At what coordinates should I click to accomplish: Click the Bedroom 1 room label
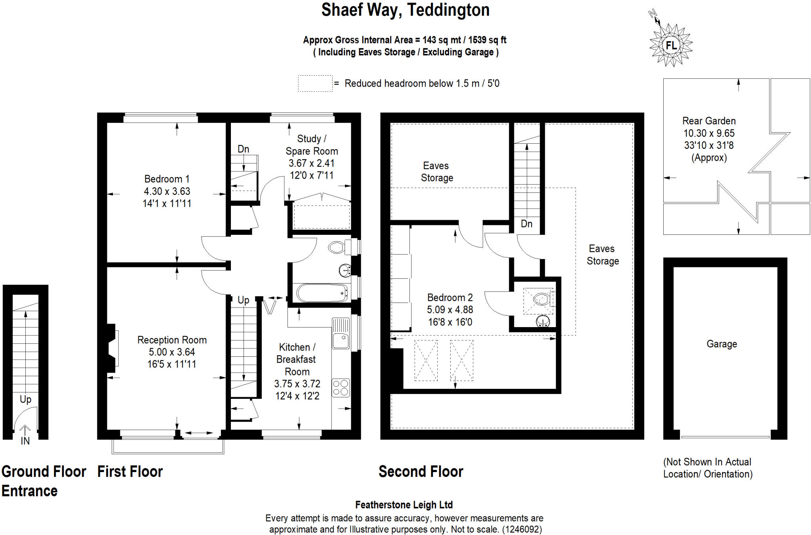[x=167, y=179]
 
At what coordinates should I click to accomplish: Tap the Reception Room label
[x=172, y=340]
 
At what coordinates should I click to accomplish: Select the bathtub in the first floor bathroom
[x=321, y=293]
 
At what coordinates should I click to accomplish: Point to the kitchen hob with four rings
[x=341, y=388]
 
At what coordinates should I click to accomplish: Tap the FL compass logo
[x=671, y=45]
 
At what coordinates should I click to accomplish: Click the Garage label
[x=722, y=344]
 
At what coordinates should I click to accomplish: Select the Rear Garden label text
[x=708, y=121]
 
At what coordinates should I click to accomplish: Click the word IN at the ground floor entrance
[x=25, y=441]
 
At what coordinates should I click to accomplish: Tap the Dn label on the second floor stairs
[x=526, y=224]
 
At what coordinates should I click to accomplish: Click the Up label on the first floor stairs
[x=243, y=300]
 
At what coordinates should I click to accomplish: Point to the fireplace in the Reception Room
[x=112, y=348]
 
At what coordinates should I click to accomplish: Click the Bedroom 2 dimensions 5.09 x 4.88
[x=450, y=310]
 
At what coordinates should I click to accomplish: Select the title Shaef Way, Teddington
[x=405, y=10]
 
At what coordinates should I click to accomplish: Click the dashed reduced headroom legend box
[x=315, y=84]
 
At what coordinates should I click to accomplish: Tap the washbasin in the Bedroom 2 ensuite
[x=543, y=321]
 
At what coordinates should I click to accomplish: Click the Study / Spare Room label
[x=312, y=145]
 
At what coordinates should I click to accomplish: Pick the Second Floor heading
[x=421, y=472]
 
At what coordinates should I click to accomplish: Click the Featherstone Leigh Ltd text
[x=404, y=505]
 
